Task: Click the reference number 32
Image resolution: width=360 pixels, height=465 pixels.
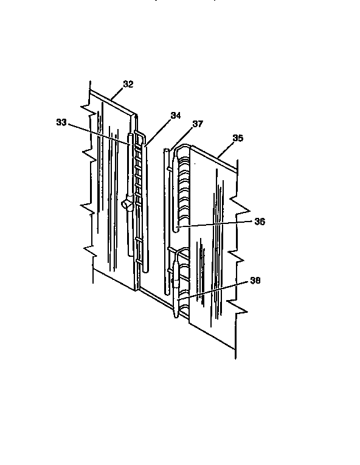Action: click(128, 85)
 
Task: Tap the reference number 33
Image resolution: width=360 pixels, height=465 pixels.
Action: click(61, 122)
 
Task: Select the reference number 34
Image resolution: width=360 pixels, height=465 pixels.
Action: click(176, 115)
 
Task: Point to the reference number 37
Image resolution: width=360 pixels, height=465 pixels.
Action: click(198, 124)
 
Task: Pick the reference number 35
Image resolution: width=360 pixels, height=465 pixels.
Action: click(238, 138)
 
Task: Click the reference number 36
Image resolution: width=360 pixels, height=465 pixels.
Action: click(260, 222)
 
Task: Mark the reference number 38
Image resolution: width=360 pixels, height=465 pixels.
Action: click(256, 281)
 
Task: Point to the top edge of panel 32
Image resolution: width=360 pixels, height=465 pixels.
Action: click(112, 103)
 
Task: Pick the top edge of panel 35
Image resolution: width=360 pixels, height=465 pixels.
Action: click(213, 153)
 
